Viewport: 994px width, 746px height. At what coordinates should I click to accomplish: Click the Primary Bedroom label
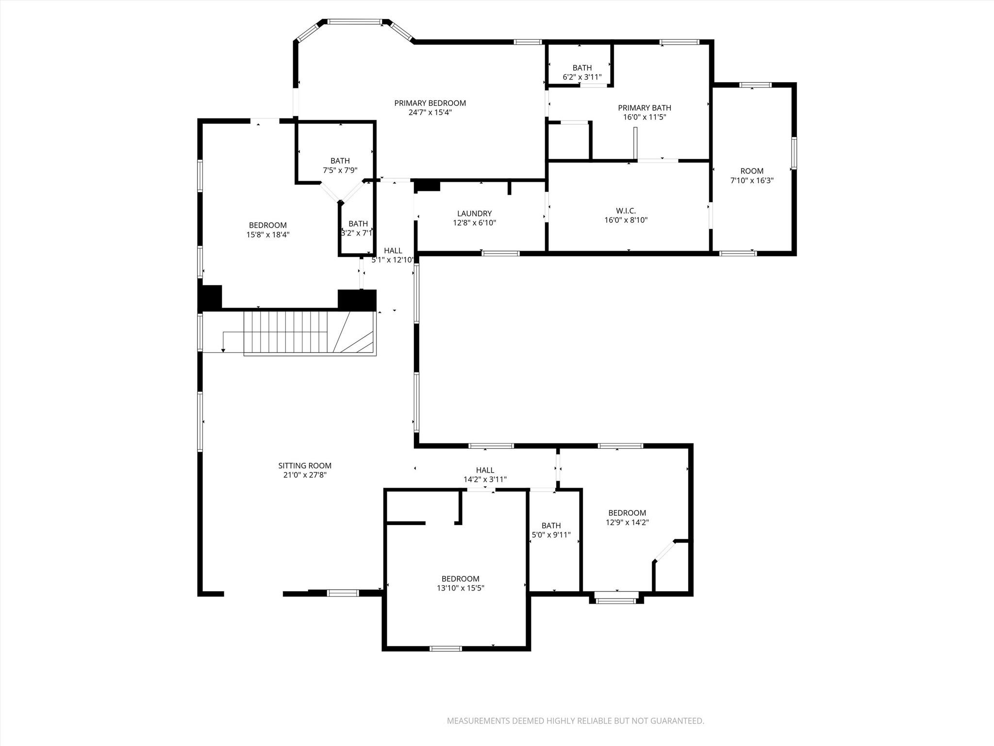coord(430,103)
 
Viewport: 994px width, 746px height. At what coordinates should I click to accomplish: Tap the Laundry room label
coord(474,214)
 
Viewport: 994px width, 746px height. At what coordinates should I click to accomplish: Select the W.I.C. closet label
coord(626,211)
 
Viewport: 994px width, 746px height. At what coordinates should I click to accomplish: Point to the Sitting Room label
coord(305,466)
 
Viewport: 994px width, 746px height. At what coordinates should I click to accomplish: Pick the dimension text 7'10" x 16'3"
coord(752,180)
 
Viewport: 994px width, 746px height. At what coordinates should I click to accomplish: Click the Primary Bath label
coord(644,108)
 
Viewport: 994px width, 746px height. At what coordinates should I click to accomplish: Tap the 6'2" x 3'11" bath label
coord(582,77)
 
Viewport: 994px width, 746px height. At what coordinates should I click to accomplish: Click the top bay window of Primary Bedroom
coord(354,22)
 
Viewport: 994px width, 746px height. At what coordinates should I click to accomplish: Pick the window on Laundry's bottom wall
coord(500,253)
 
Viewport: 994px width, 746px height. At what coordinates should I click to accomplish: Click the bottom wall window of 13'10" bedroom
coord(446,648)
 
